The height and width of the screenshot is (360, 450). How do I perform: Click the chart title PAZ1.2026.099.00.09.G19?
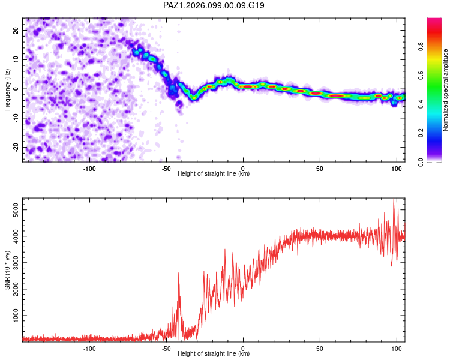[214, 5]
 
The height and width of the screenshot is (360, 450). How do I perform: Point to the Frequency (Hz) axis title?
[7, 90]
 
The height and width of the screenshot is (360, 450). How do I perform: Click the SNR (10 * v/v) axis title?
[7, 270]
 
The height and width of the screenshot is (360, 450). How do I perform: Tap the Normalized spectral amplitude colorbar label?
[445, 90]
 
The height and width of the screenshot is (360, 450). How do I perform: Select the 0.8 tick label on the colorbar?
[421, 46]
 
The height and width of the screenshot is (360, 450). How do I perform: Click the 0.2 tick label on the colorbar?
[421, 133]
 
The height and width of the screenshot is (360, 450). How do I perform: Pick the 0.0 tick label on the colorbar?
[421, 162]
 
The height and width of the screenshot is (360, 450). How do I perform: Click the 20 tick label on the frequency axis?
[16, 31]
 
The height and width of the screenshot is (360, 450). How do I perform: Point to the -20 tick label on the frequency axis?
[16, 148]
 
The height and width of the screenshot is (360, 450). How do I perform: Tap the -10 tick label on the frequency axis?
[16, 118]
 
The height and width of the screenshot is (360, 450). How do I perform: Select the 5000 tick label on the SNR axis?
[16, 210]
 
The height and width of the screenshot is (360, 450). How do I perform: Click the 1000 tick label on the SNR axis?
[16, 316]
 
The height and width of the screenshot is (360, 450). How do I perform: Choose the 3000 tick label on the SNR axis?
[16, 263]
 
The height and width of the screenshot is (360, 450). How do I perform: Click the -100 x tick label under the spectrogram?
[89, 169]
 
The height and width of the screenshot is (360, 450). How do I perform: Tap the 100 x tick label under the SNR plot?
[397, 349]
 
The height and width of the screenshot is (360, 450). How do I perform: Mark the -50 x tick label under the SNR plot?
[166, 349]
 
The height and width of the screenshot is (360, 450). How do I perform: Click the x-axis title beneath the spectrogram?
[214, 173]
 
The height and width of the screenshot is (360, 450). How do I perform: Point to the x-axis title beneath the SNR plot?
[214, 353]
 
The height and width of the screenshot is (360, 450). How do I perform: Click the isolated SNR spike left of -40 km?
[179, 273]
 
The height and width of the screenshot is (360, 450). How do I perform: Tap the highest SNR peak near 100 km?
[394, 199]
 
